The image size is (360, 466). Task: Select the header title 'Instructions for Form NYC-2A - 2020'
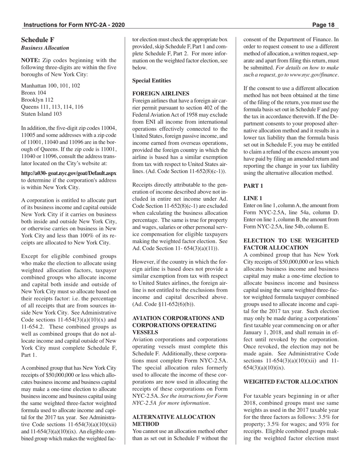coord(74,25)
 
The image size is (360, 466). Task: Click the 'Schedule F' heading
coord(38,40)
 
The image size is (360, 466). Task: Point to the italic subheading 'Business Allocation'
coord(45,48)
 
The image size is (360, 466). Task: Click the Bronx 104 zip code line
coord(34,93)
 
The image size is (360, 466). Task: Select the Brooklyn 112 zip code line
coord(37,100)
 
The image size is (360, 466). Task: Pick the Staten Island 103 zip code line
coord(41,114)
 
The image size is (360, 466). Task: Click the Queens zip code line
coord(52,107)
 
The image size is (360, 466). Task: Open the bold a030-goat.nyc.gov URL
coord(69,173)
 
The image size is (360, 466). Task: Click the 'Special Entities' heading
coord(152,81)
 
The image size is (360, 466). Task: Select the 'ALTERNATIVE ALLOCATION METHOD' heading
coord(174,420)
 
